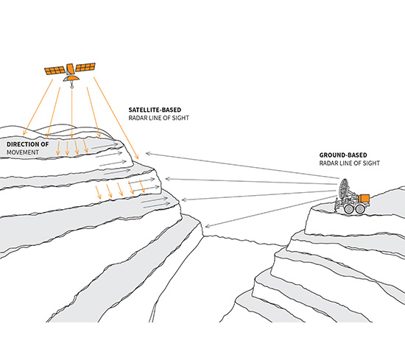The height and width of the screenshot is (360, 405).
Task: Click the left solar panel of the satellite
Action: [54, 71]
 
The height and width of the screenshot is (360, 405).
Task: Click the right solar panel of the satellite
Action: [85, 67]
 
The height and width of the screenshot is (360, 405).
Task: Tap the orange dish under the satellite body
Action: [71, 78]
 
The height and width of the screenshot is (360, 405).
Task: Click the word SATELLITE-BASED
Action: [155, 110]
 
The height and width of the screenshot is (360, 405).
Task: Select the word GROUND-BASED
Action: [343, 155]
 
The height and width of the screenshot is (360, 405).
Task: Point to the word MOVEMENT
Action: [23, 152]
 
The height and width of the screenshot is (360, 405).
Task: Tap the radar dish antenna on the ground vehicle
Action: [344, 189]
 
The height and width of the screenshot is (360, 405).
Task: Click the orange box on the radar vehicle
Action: [364, 198]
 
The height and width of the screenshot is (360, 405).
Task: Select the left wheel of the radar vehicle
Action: [349, 209]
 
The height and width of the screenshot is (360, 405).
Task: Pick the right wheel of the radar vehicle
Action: [360, 209]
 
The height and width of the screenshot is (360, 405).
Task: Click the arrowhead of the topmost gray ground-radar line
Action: [148, 154]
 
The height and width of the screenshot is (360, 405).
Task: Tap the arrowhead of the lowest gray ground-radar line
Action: [208, 226]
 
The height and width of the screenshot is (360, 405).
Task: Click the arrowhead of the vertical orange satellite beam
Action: [72, 136]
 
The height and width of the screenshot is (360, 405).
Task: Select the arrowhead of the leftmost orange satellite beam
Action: [24, 133]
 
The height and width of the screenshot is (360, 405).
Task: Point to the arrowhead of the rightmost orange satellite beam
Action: [137, 157]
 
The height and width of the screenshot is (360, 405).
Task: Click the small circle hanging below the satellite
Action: [72, 87]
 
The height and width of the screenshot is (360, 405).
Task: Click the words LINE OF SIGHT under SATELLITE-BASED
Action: [168, 118]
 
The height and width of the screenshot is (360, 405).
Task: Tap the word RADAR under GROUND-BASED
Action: [328, 163]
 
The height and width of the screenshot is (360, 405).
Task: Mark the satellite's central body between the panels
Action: [70, 69]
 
